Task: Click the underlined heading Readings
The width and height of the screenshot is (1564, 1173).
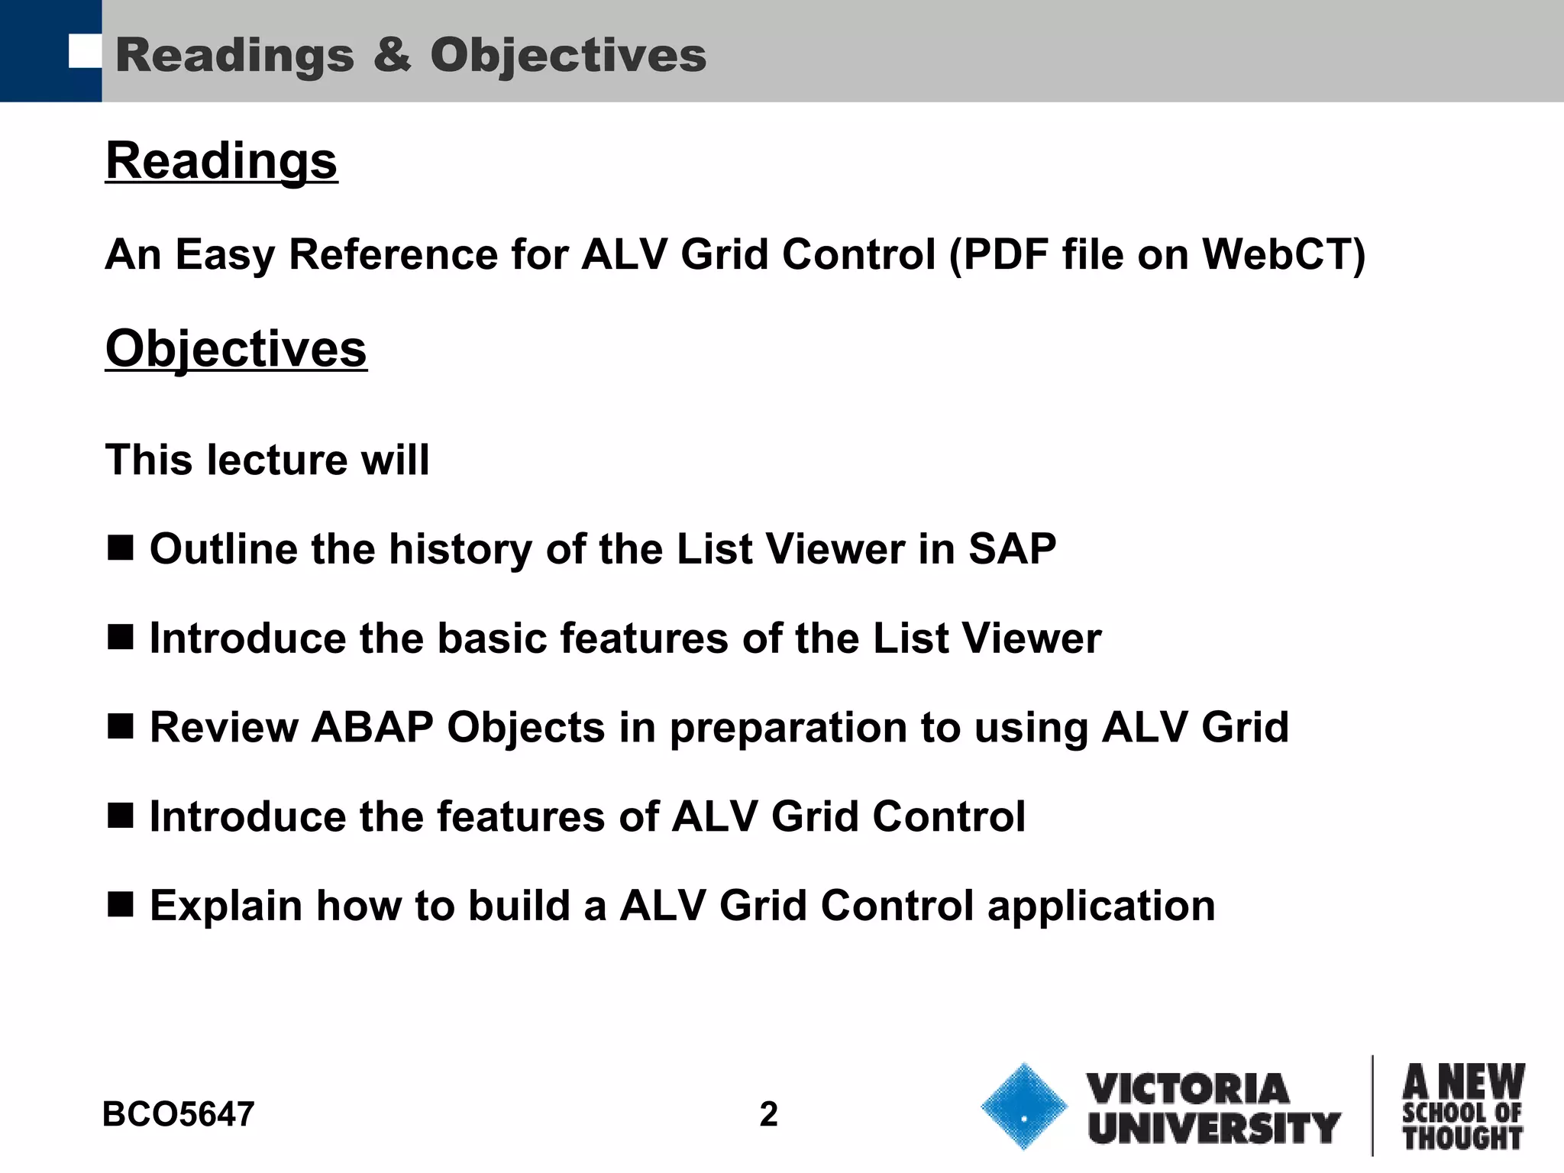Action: (x=221, y=161)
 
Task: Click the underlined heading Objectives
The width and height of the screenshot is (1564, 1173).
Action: (x=236, y=349)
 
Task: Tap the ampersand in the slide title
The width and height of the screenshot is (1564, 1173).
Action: (x=392, y=56)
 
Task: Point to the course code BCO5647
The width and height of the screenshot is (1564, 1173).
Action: (x=178, y=1114)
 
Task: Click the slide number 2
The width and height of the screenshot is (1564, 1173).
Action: (x=768, y=1114)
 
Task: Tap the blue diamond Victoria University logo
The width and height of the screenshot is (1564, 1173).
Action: (x=1023, y=1107)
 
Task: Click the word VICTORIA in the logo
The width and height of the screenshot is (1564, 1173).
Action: (x=1187, y=1088)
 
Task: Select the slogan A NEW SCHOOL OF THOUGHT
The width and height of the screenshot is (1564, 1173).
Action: (x=1462, y=1107)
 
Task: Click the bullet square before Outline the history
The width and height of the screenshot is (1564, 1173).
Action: (x=121, y=548)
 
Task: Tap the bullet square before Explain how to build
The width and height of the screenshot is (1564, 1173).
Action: (x=121, y=905)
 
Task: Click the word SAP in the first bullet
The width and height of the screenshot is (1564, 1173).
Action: (x=1012, y=549)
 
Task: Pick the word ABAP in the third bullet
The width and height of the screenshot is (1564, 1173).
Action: (x=373, y=727)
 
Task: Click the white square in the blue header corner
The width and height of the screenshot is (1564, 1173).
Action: (x=85, y=51)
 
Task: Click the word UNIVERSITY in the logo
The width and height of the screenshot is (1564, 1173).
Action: (x=1214, y=1128)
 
